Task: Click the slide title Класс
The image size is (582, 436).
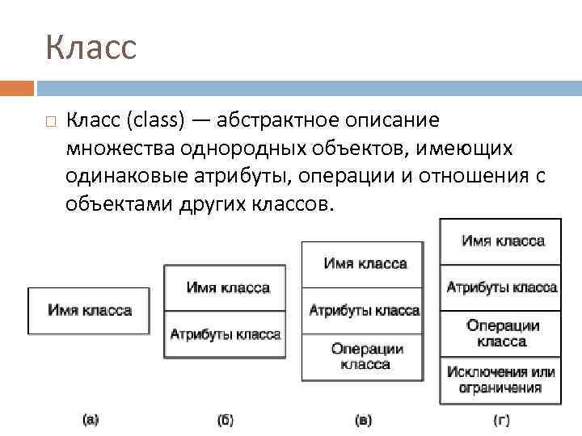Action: point(91,48)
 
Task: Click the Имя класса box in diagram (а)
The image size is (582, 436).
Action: point(89,311)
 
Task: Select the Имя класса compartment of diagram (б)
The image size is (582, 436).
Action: point(225,287)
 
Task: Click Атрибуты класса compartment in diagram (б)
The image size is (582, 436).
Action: point(225,334)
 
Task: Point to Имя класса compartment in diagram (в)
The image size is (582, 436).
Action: point(362,264)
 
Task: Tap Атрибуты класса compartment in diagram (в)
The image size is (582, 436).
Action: point(362,310)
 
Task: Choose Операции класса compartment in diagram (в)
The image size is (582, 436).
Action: point(362,357)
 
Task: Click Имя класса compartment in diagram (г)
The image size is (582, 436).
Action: point(500,241)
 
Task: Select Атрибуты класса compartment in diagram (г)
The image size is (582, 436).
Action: point(500,287)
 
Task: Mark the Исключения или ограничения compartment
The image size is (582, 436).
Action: point(500,380)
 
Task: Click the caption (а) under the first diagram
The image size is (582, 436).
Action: point(91,419)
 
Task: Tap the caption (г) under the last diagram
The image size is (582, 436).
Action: point(502,420)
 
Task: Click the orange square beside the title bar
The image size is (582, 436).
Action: point(17,87)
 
